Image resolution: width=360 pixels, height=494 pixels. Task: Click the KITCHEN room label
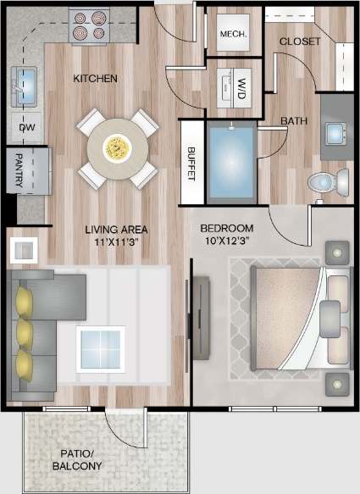click(x=95, y=78)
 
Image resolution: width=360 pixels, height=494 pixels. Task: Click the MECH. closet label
click(x=232, y=35)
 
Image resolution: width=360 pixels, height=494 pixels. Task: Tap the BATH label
click(x=294, y=121)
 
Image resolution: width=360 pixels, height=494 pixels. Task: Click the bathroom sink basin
click(x=336, y=132)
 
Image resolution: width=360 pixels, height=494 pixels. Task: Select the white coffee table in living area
click(x=100, y=347)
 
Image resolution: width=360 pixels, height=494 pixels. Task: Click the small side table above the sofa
click(x=23, y=250)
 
